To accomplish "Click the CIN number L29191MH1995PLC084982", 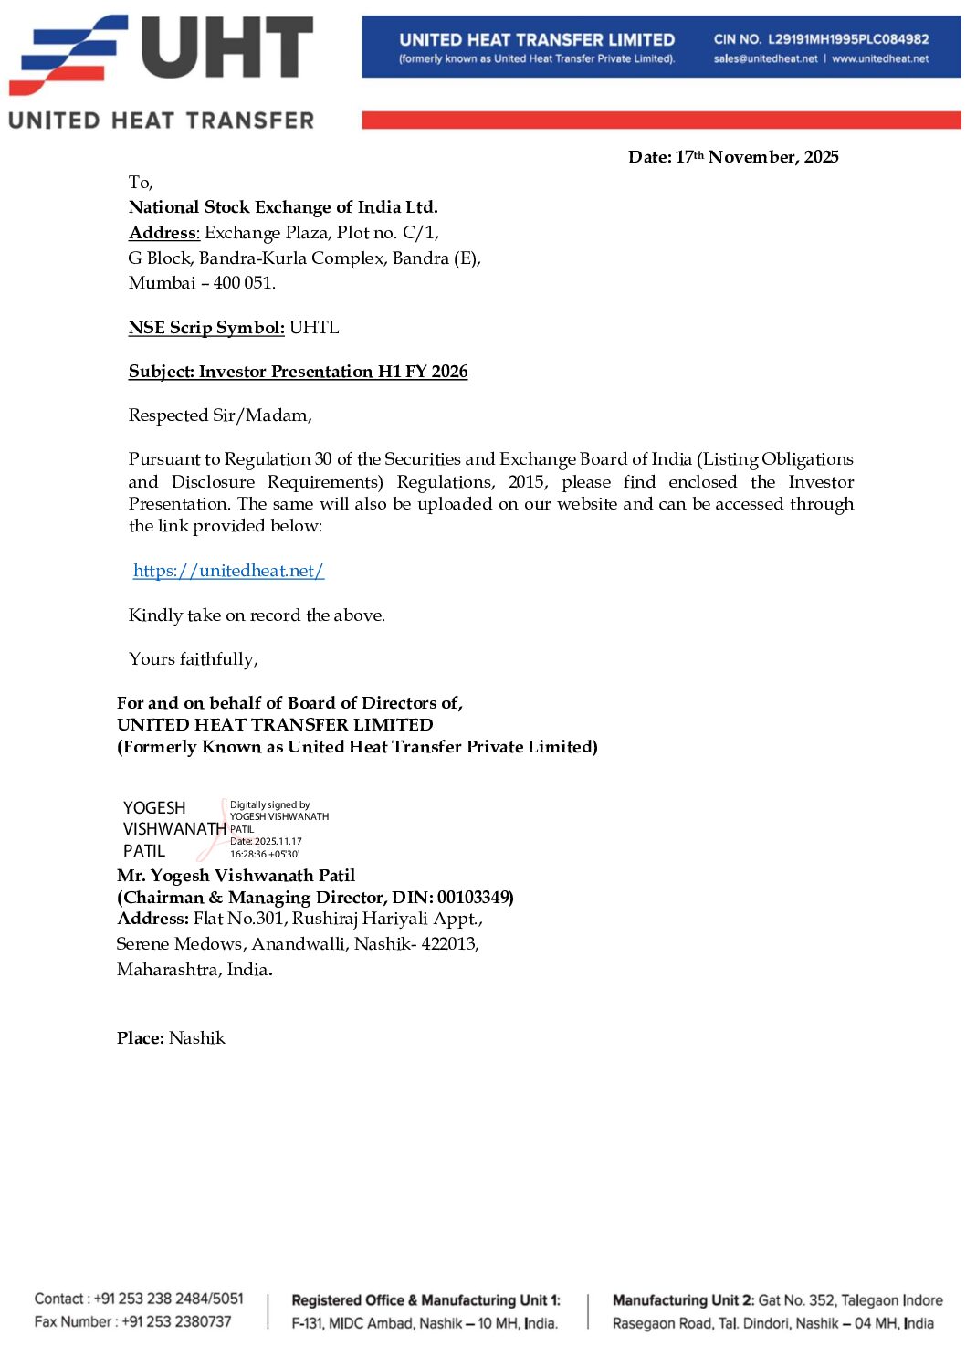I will coord(848,39).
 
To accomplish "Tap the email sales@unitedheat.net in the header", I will coord(765,59).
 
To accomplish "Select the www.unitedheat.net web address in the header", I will coord(879,59).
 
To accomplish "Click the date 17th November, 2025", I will coord(756,157).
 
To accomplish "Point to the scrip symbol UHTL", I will coord(314,328).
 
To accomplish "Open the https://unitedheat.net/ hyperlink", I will coord(228,571).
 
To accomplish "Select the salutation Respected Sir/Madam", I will coord(220,415).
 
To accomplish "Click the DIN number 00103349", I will coord(474,898).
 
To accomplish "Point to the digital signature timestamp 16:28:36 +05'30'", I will coord(264,855).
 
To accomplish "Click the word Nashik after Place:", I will coord(197,1038).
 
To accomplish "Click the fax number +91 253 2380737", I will coord(176,1321).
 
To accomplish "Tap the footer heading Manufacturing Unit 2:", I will coord(683,1300).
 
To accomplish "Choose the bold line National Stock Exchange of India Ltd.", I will coord(283,207).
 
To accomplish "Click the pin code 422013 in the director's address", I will coord(449,944).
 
